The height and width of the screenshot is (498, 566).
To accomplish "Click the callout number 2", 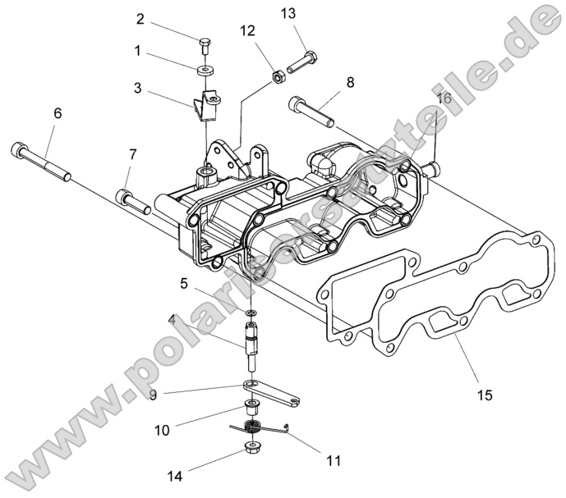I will point(140,19).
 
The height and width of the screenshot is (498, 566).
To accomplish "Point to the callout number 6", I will point(58,114).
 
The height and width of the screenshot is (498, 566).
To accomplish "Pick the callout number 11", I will point(333,461).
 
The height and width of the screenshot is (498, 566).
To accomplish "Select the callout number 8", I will point(350,82).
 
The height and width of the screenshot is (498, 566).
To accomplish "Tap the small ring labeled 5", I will point(251,313).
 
